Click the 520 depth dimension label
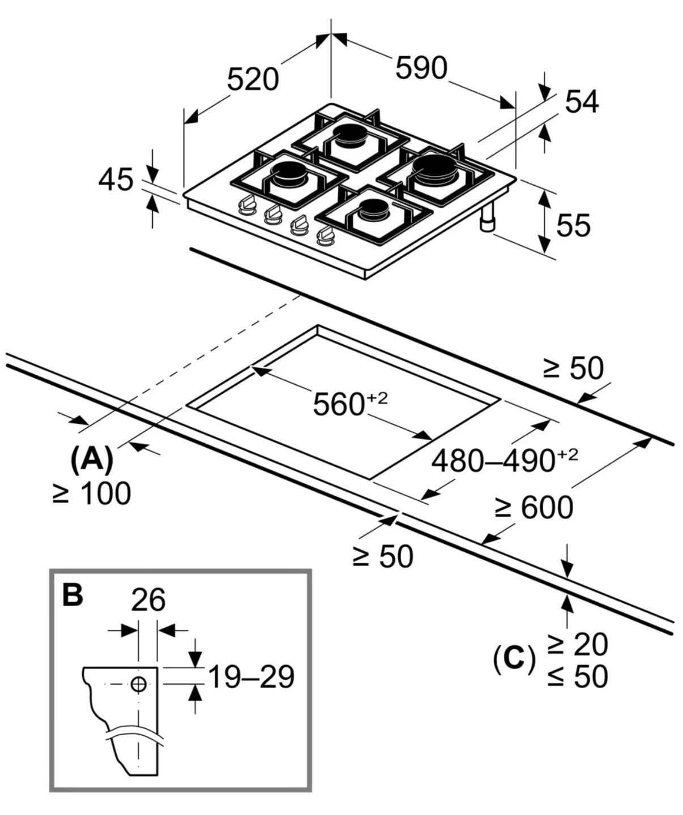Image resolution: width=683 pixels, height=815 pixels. (x=253, y=79)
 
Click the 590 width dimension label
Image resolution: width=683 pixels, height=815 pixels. (x=421, y=68)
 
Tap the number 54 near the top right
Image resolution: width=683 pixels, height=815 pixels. (x=582, y=102)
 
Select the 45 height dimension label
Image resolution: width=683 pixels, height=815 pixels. (x=116, y=180)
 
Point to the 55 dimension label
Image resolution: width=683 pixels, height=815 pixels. (x=573, y=225)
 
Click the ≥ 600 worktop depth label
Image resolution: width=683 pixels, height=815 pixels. (x=533, y=507)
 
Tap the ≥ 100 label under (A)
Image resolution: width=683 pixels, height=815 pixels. (x=92, y=494)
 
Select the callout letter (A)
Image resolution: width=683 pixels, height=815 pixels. (x=92, y=459)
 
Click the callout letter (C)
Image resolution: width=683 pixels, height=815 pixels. (x=514, y=659)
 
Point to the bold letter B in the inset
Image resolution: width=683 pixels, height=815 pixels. (x=72, y=595)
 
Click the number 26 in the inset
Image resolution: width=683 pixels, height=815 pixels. (x=148, y=600)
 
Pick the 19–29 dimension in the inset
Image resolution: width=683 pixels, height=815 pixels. (x=251, y=677)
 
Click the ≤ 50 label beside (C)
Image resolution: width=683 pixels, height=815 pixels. (x=578, y=676)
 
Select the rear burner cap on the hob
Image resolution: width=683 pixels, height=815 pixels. (x=351, y=135)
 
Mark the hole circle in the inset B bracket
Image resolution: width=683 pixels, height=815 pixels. (x=138, y=684)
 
